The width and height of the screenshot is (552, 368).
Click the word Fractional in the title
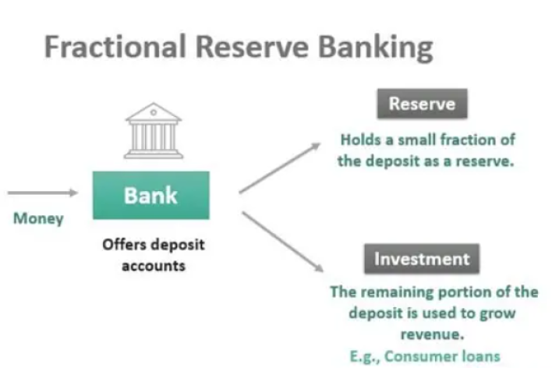point(115,46)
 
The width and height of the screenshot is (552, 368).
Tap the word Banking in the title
point(376,48)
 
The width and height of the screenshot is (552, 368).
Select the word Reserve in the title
point(252,47)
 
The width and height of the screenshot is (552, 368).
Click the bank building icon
point(154,131)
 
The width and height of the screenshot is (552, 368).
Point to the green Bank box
point(151,196)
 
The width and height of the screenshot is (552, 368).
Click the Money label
point(38,219)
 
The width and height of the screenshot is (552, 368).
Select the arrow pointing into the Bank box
point(43,193)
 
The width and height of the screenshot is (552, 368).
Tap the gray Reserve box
point(422,104)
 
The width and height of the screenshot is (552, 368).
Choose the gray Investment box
point(422,259)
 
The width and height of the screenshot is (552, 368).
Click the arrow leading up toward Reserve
point(280,168)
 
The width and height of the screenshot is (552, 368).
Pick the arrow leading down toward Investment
point(282,242)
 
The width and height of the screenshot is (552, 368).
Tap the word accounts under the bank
point(154,266)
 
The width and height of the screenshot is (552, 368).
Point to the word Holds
point(361,140)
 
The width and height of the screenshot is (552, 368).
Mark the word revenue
point(432,334)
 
